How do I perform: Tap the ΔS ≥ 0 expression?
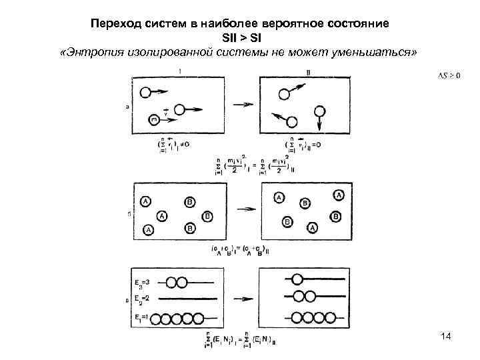449,74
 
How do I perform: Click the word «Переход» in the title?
114,23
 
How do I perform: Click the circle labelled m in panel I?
155,120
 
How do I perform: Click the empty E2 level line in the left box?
190,298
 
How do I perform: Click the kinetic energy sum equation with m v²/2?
248,163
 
